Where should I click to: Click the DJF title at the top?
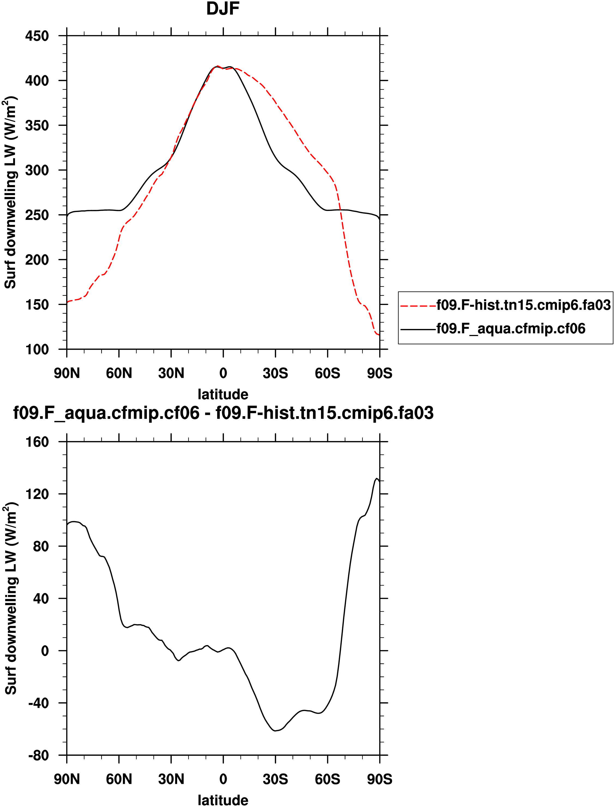click(x=223, y=9)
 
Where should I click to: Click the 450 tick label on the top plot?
click(x=37, y=36)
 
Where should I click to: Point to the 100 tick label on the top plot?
click(x=37, y=349)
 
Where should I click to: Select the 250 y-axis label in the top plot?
click(x=37, y=215)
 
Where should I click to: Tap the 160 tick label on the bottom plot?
click(x=37, y=442)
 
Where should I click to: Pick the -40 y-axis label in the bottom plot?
click(x=38, y=703)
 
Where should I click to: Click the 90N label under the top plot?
click(x=67, y=373)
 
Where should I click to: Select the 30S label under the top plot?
click(x=275, y=373)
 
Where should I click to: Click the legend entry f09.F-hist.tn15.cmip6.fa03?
click(x=523, y=305)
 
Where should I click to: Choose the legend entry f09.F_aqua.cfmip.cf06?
click(x=511, y=329)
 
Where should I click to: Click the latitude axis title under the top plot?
click(x=223, y=394)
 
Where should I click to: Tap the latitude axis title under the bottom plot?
click(x=223, y=800)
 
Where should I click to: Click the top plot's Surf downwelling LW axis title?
click(x=10, y=192)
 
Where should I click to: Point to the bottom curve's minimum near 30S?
click(x=275, y=731)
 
